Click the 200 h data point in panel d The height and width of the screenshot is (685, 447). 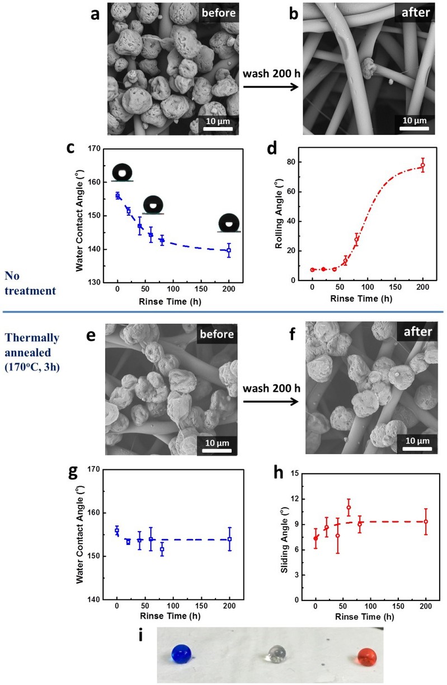click(x=422, y=166)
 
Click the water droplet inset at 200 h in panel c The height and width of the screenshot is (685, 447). click(x=229, y=222)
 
